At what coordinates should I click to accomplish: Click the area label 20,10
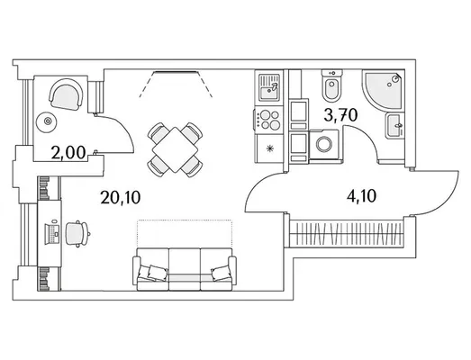click(121, 198)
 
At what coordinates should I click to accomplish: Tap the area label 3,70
click(340, 115)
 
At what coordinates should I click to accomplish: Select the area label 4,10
click(361, 196)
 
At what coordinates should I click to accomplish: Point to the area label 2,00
click(68, 152)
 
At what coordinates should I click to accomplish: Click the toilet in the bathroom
click(331, 85)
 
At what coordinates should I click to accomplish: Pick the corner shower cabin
click(383, 89)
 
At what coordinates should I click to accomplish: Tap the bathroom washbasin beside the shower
click(394, 125)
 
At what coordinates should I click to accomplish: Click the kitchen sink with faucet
click(269, 87)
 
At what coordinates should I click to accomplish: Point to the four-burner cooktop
click(268, 120)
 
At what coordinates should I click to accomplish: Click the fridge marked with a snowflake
click(269, 148)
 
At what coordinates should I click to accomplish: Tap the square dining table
click(175, 149)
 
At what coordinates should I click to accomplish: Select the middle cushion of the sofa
click(185, 269)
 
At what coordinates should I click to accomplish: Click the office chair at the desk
click(77, 234)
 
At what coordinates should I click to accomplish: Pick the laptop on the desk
click(52, 234)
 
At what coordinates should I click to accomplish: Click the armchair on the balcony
click(65, 94)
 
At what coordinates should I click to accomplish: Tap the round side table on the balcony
click(47, 121)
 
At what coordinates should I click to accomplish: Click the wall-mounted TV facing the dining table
click(175, 72)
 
